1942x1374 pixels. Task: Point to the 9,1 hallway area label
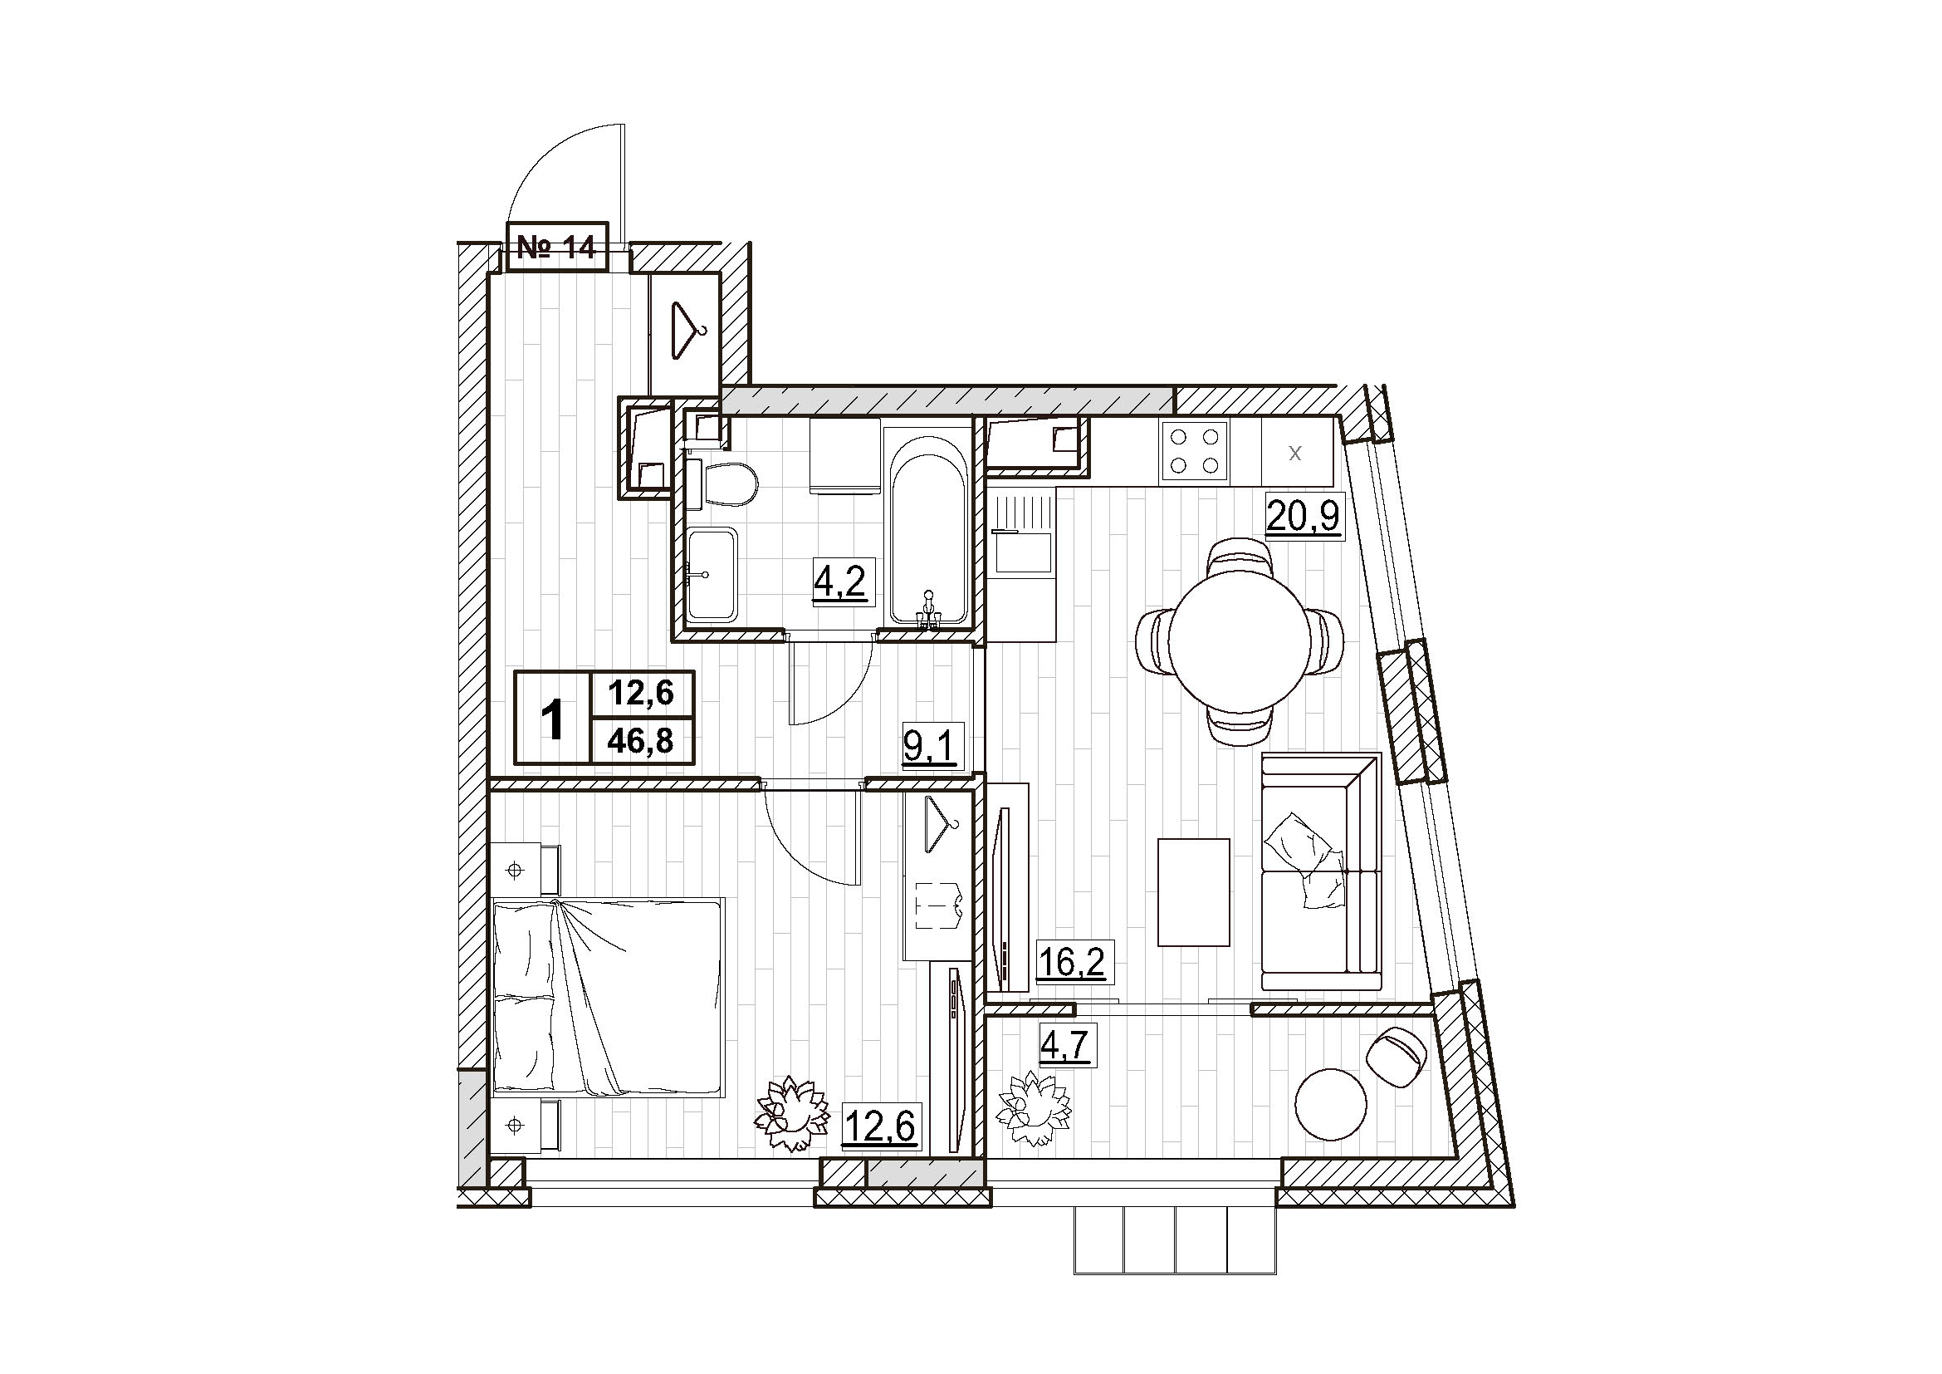tap(930, 747)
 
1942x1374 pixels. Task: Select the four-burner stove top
tap(1196, 451)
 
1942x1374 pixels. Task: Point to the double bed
tap(608, 999)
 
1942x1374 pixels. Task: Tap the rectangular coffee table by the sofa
tap(1193, 891)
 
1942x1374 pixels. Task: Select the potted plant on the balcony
tap(1035, 1108)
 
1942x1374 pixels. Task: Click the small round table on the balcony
tap(1330, 1104)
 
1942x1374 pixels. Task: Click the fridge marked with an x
tap(1296, 453)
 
